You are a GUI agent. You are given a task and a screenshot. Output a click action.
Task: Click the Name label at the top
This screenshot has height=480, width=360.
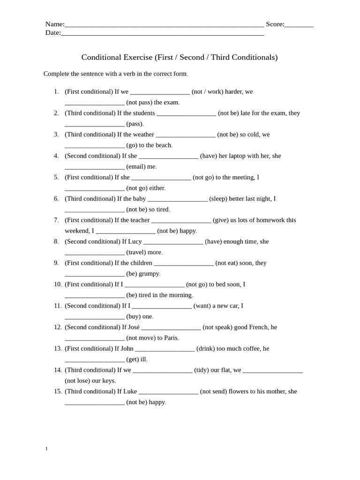coord(54,24)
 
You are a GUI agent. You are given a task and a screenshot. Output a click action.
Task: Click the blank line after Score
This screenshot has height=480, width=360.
coord(299,25)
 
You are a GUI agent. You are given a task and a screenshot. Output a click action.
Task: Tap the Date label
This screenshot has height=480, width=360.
coord(52,33)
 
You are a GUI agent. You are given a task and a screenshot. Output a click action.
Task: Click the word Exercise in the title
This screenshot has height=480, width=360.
coord(136,57)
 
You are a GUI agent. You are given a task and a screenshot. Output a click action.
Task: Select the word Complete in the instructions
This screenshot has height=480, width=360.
coord(58,74)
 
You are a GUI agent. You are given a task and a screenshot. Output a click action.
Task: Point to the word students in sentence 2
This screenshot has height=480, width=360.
coord(144,113)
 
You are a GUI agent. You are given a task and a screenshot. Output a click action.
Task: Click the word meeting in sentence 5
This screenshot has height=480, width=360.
coord(239,177)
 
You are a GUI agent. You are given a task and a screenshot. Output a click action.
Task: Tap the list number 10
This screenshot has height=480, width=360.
coord(58,285)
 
